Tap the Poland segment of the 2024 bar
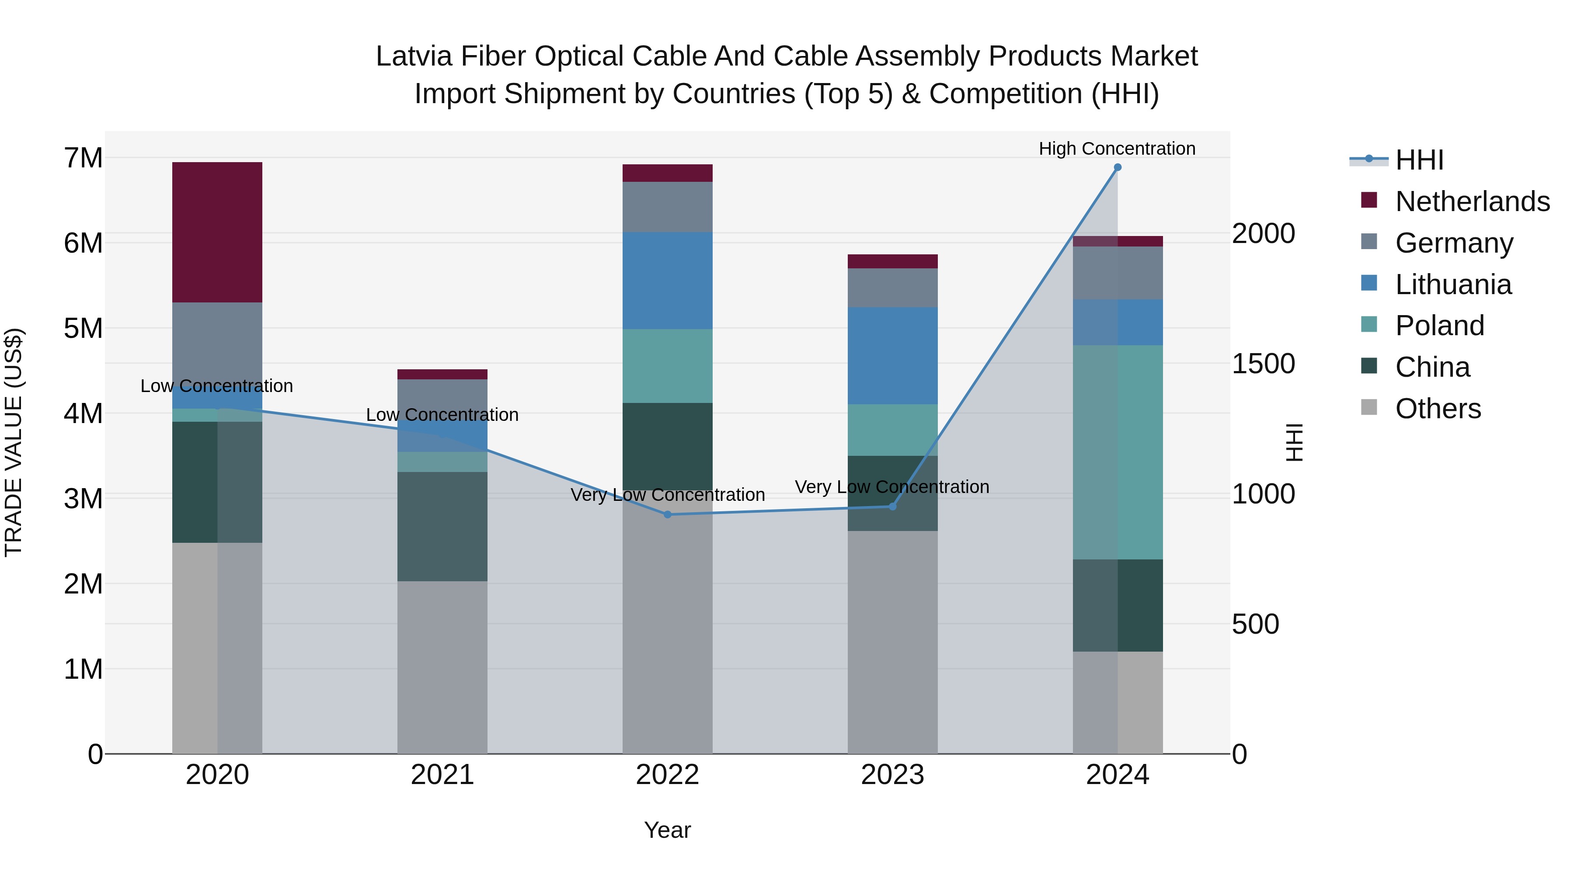coord(1118,452)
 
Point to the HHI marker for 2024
coord(1118,167)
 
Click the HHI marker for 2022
coord(667,515)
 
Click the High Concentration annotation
coord(1117,149)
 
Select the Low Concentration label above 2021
coord(442,415)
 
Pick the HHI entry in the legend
coord(1419,160)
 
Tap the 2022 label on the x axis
coord(667,775)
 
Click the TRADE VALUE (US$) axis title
coord(14,442)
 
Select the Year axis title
coord(667,831)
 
